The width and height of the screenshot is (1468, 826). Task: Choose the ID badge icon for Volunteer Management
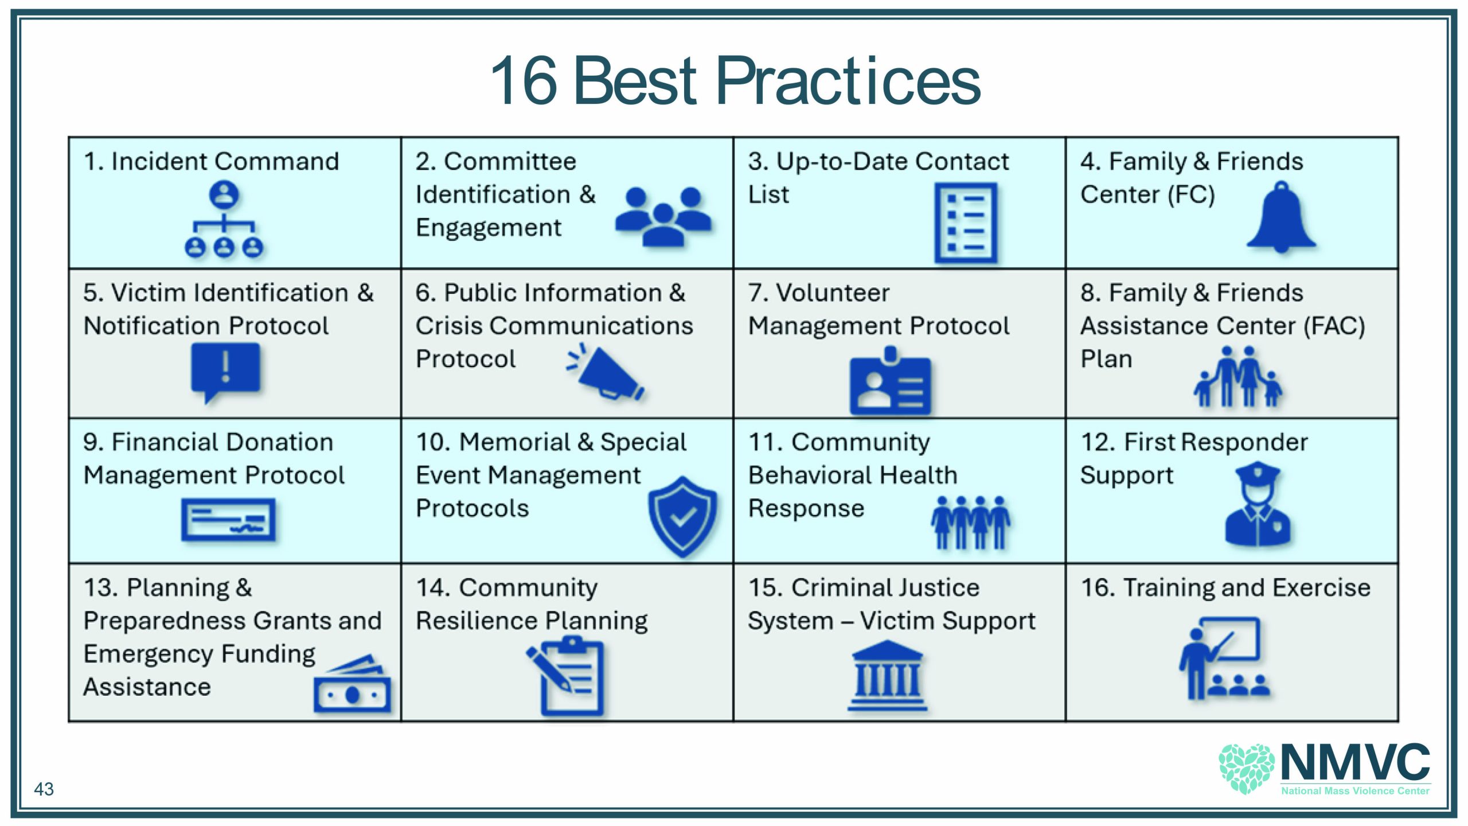890,380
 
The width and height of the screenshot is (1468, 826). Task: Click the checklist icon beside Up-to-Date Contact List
966,223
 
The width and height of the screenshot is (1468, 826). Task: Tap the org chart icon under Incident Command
224,219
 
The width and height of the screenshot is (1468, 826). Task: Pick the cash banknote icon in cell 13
352,684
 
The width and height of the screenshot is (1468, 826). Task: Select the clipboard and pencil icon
567,677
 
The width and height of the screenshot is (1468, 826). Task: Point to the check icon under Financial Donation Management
228,520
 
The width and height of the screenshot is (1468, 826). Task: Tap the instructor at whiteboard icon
1224,658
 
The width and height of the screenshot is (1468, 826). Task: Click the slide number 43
44,789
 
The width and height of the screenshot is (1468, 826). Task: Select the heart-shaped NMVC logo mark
1247,769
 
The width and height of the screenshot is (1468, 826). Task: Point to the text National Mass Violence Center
1356,790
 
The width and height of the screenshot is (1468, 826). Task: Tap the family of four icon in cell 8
1237,376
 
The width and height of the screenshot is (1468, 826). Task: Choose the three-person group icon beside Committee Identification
663,217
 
